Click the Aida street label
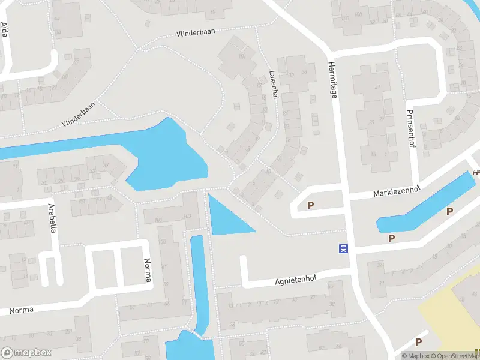tap(4, 29)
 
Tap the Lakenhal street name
tap(273, 86)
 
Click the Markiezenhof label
tap(397, 192)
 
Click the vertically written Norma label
tap(148, 271)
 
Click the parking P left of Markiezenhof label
tap(311, 206)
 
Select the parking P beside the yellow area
tap(418, 342)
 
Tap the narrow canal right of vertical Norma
tap(199, 282)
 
